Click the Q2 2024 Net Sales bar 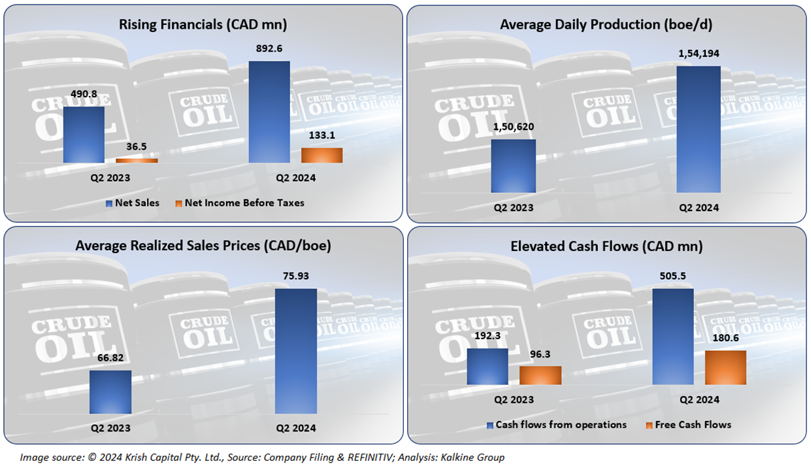coord(269,112)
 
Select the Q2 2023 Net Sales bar coord(84,135)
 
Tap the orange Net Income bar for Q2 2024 coord(322,155)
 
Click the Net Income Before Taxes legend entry coord(244,203)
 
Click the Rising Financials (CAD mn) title coord(203,25)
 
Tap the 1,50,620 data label coord(514,129)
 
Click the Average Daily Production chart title coord(606,25)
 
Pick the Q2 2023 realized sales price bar coord(110,392)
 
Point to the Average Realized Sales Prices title coord(203,246)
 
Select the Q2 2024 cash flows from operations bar coord(673,336)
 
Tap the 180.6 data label coord(725,341)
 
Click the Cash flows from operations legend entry coord(560,425)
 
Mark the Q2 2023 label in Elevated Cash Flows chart coord(514,399)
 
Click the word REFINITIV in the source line coord(350,457)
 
